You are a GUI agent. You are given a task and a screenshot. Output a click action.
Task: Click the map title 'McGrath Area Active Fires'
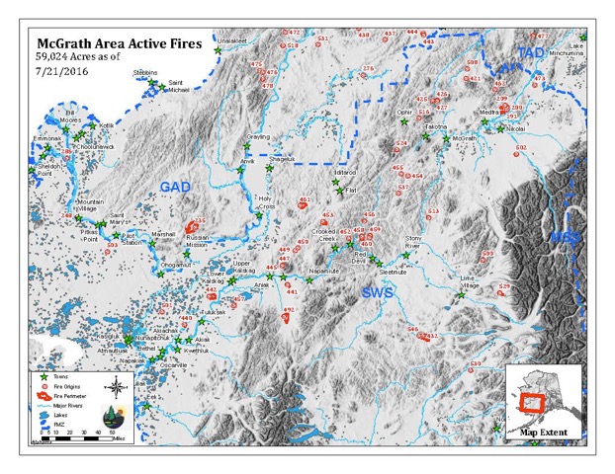pyautogui.click(x=119, y=43)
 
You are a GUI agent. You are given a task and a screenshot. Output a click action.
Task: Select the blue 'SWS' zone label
pyautogui.click(x=377, y=292)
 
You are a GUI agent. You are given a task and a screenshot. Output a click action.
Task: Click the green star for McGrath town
pyautogui.click(x=446, y=139)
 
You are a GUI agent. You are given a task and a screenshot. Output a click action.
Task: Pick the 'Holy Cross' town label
pyautogui.click(x=265, y=201)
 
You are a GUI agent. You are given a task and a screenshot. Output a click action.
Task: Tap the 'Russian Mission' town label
pyautogui.click(x=200, y=241)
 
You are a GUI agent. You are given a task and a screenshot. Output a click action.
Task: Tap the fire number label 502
pyautogui.click(x=521, y=147)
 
